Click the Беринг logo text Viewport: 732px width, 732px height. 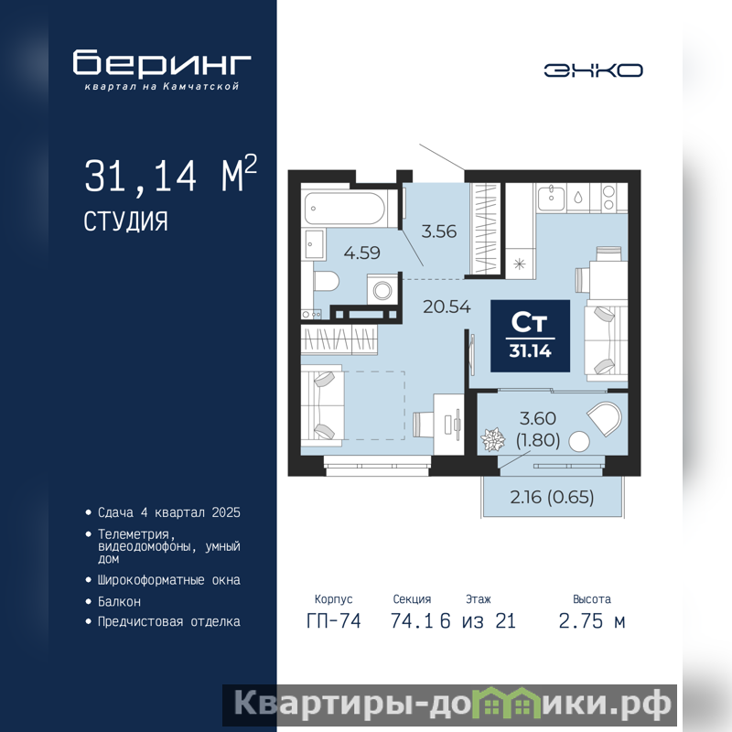(162, 62)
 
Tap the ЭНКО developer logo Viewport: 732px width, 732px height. (593, 70)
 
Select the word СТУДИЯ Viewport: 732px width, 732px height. (125, 221)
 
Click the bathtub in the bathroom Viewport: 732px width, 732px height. (345, 209)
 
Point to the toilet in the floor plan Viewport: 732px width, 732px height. (327, 282)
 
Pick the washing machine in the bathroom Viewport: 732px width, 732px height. (382, 290)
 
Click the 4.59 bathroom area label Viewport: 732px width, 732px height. (361, 253)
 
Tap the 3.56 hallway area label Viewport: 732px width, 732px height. (439, 231)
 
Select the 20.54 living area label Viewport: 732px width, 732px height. (447, 307)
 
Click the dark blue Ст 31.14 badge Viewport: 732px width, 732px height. (531, 336)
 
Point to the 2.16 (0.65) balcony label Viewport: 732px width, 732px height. (552, 497)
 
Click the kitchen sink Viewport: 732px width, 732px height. (552, 198)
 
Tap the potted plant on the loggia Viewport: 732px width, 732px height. (492, 440)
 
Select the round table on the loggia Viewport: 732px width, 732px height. (579, 442)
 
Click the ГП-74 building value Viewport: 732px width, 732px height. (334, 621)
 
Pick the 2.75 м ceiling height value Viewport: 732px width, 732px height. (591, 621)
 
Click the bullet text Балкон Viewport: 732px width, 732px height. (119, 602)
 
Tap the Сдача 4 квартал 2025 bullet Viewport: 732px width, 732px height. (169, 512)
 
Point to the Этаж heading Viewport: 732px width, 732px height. (479, 599)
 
